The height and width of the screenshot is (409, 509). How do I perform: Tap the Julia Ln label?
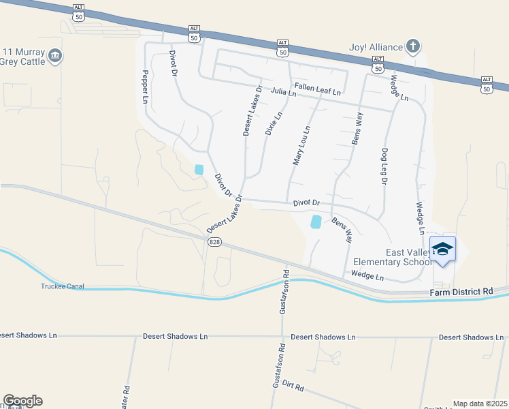click(283, 92)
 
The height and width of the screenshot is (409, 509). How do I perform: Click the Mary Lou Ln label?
click(301, 145)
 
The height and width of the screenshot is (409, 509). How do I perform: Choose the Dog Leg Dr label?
click(384, 167)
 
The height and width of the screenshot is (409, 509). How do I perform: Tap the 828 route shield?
click(215, 243)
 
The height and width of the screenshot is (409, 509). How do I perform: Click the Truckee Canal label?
click(62, 286)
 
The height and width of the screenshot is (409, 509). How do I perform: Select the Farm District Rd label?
click(461, 292)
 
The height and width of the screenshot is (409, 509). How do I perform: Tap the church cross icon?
click(412, 46)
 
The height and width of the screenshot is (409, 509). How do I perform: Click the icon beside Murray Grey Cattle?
click(56, 56)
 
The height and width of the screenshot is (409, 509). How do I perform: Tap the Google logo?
click(22, 401)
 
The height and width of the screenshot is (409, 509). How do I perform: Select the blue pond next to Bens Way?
click(316, 222)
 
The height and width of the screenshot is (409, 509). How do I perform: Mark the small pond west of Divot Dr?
click(199, 169)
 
